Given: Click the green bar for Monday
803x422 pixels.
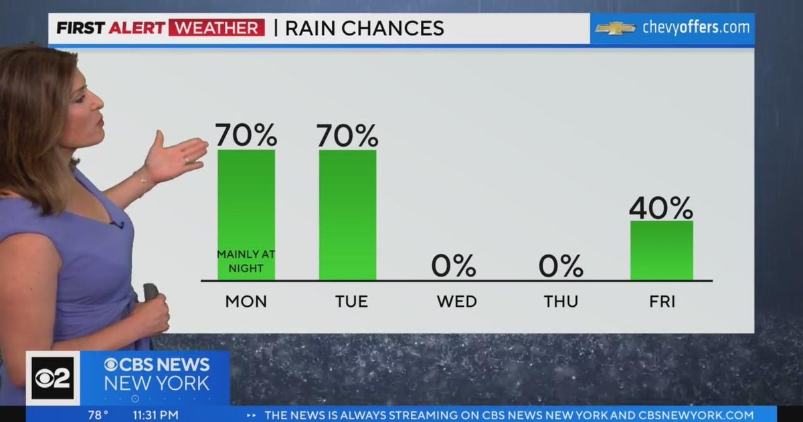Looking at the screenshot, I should coord(246,201).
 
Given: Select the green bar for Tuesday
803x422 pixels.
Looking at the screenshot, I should coord(347,214).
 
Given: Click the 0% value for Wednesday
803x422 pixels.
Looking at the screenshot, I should coord(454,266).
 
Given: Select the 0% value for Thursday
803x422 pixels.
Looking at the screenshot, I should coord(561,266).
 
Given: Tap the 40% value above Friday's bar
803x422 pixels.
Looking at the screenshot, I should coord(661,208).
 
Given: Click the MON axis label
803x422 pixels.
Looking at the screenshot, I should coord(246,301).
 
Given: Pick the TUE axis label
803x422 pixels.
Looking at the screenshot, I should coord(351,301).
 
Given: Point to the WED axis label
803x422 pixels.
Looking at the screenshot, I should coord(457,301).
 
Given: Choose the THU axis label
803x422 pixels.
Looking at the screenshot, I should coord(561,301).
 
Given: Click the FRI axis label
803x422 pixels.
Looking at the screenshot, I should coord(661,301).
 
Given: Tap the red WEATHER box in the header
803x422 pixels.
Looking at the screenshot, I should coord(216,28).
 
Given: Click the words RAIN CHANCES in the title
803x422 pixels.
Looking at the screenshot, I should coord(364,28).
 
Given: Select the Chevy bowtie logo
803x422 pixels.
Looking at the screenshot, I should coord(615,28).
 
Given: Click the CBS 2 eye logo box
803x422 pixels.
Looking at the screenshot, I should coord(52,378).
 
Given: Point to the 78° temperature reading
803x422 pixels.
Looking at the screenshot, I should coord(98,415).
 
